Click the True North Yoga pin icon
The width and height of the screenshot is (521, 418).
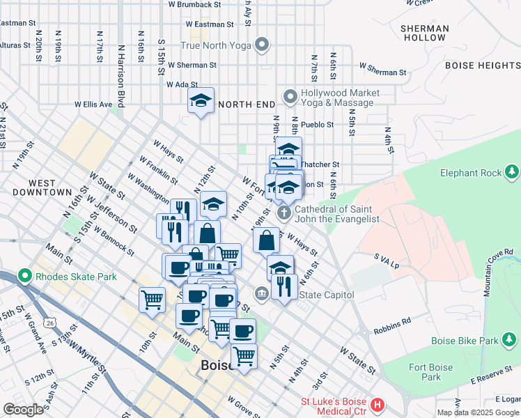click(262, 46)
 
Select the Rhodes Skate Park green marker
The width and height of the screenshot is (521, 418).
click(26, 276)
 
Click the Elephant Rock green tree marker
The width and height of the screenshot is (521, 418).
click(512, 171)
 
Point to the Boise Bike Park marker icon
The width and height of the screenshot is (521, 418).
click(512, 341)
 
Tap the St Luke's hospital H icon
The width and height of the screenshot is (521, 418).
click(378, 404)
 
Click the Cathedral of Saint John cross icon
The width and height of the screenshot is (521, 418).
click(283, 212)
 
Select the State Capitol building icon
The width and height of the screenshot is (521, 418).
click(261, 294)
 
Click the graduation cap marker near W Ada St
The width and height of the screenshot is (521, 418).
click(201, 100)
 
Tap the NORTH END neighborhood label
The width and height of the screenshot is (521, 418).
click(246, 104)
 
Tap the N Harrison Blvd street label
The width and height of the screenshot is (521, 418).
click(121, 77)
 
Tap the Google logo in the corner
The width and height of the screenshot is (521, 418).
click(23, 410)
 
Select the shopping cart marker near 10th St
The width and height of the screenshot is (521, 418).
click(152, 300)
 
